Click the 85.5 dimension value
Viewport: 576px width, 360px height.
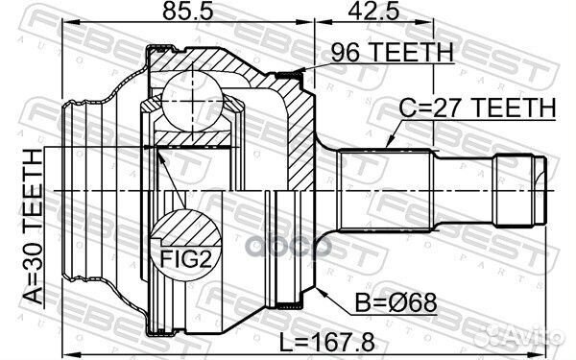pyautogui.click(x=188, y=11)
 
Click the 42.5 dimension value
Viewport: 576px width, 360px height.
pyautogui.click(x=373, y=11)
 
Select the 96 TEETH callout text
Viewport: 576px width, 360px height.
pyautogui.click(x=393, y=53)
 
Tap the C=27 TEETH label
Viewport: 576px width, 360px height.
pyautogui.click(x=477, y=108)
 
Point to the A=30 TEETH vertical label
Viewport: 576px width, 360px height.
pyautogui.click(x=33, y=227)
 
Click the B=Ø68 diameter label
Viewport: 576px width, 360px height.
pyautogui.click(x=396, y=302)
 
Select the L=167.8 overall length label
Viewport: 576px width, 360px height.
pyautogui.click(x=327, y=342)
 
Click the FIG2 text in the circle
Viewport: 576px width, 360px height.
pyautogui.click(x=185, y=259)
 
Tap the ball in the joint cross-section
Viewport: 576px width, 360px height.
pyautogui.click(x=192, y=102)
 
